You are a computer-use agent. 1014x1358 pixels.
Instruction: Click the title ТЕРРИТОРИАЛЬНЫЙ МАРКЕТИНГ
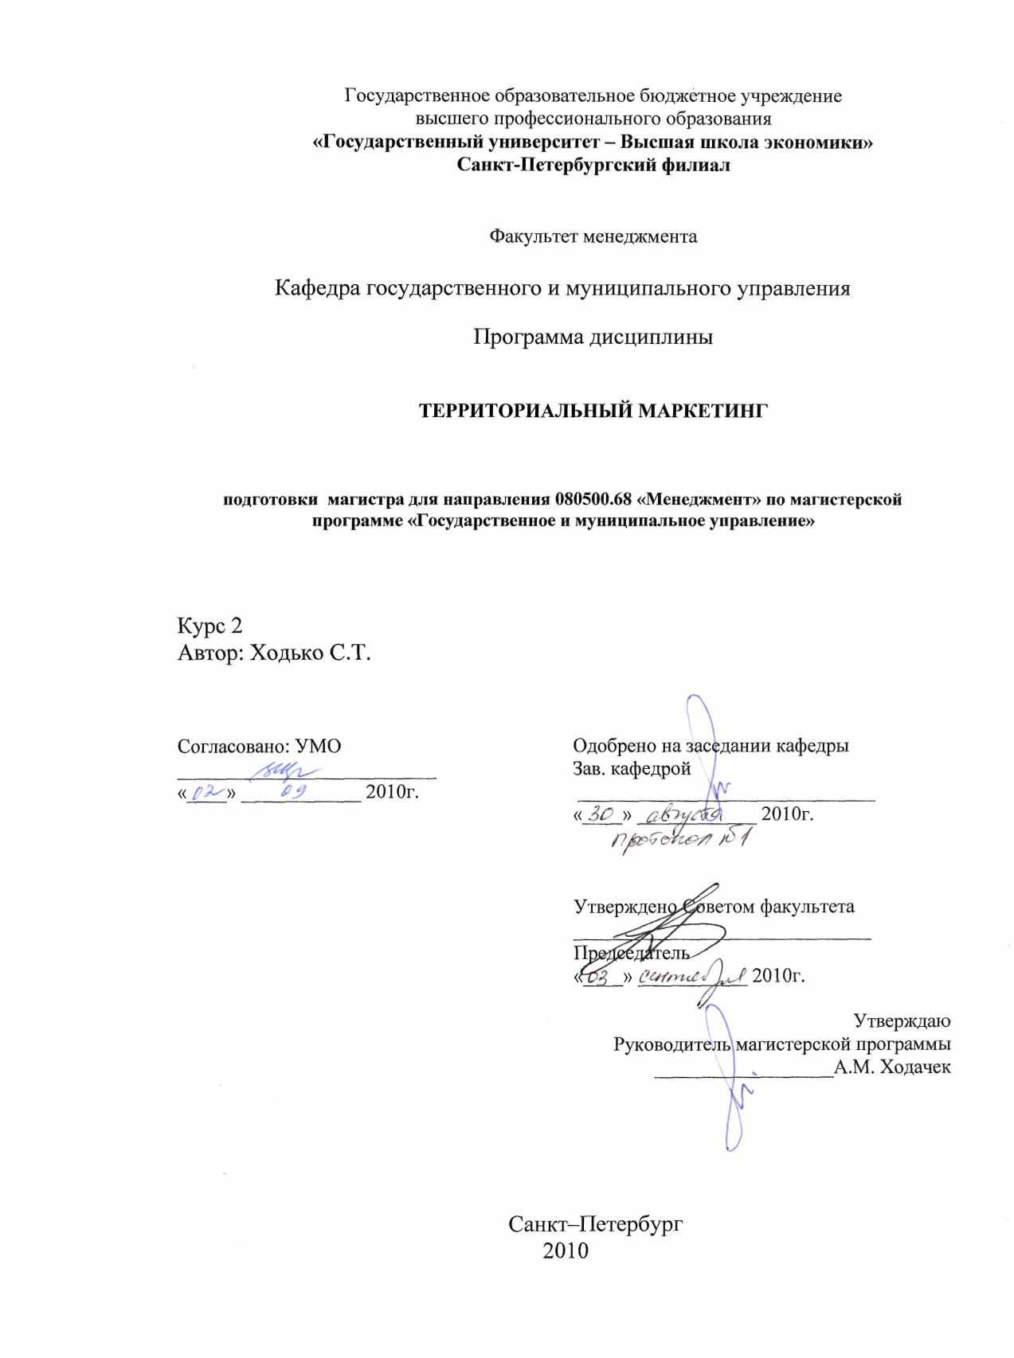593,411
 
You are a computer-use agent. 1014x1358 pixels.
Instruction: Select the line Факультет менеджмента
593,236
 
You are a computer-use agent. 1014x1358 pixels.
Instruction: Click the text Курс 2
209,626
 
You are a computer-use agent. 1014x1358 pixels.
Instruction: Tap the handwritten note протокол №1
681,841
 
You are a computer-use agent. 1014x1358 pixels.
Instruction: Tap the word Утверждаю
902,1020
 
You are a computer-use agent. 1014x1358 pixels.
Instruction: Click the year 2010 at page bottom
565,1251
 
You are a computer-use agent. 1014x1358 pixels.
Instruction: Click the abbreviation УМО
318,747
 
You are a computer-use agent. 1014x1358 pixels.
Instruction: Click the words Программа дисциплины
593,337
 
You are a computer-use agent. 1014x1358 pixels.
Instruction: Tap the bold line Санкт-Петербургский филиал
593,166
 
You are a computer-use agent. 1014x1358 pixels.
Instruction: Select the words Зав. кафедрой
632,769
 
